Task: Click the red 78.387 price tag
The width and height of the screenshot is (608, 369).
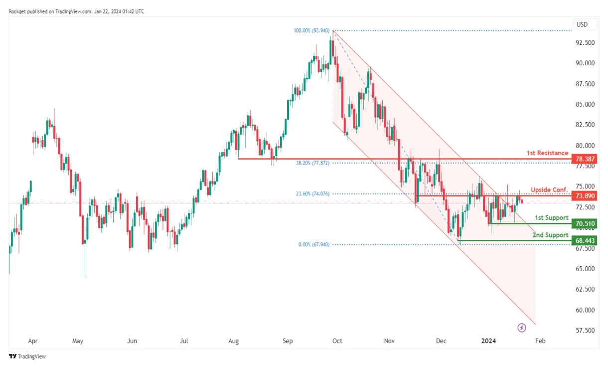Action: (586, 159)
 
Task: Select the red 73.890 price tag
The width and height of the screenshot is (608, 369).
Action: (586, 196)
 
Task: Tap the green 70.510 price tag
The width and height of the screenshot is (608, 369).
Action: (586, 223)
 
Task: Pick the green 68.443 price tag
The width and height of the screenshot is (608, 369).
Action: (586, 240)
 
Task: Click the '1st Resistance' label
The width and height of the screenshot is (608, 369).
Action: (547, 153)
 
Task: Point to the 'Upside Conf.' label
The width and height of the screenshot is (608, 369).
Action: (549, 190)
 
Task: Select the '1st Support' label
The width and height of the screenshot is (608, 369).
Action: (551, 218)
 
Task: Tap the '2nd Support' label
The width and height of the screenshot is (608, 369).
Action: (551, 235)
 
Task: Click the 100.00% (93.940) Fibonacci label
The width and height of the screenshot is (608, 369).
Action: (311, 31)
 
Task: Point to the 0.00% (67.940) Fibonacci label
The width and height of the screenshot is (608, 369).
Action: (313, 245)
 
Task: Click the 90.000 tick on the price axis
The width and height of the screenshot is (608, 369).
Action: (585, 63)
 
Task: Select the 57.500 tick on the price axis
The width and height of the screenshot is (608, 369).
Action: (585, 331)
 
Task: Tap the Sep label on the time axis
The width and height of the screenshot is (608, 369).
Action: (288, 342)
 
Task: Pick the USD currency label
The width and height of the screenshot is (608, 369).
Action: (582, 24)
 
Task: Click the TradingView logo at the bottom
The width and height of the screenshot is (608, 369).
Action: (27, 357)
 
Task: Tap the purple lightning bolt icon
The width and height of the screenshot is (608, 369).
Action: (522, 328)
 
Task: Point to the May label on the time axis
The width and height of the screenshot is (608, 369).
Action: (77, 342)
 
